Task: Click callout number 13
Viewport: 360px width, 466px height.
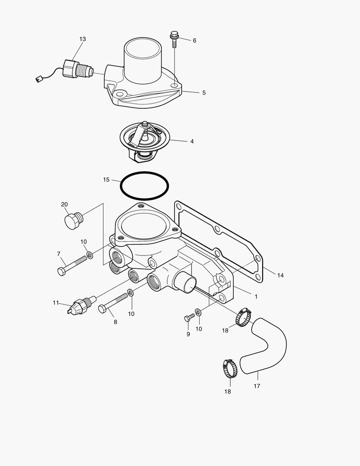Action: pos(82,39)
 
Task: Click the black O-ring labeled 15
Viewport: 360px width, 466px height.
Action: pos(144,186)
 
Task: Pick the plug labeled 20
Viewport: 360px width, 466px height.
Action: pos(72,220)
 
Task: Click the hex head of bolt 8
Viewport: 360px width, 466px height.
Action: pos(103,309)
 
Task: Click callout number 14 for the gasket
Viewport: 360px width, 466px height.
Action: pos(280,275)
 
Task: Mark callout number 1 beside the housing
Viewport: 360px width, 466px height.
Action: pos(256,297)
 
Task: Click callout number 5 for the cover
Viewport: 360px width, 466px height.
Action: pos(204,92)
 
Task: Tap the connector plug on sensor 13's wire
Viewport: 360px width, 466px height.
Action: pos(38,79)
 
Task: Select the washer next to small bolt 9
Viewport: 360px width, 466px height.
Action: pos(198,311)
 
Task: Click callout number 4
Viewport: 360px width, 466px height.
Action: pos(192,141)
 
